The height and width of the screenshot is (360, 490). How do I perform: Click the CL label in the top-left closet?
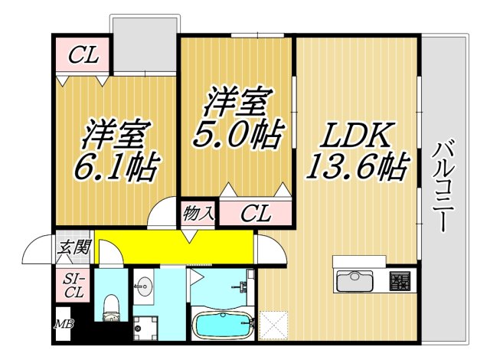(83, 55)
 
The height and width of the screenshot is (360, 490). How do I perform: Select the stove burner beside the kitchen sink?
(400, 281)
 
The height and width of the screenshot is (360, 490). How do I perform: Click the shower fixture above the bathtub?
(242, 286)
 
